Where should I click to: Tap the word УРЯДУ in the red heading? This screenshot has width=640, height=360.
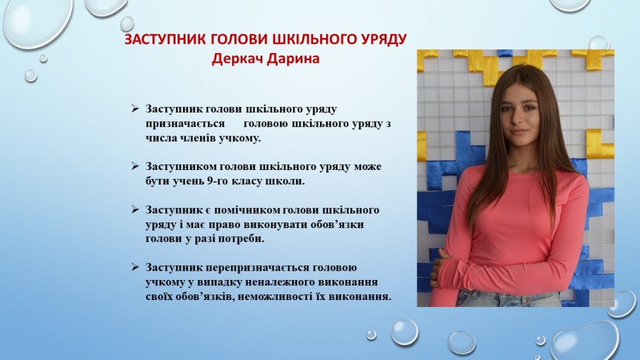point(384,39)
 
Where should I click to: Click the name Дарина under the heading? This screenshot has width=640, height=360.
point(292,59)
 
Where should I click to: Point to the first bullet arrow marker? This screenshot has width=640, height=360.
point(135,109)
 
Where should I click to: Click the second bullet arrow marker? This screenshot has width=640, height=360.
point(135,166)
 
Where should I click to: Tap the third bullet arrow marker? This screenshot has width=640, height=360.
point(135,210)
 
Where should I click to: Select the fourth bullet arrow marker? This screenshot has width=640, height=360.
point(135,267)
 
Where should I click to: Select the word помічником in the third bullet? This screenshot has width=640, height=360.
point(247,210)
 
